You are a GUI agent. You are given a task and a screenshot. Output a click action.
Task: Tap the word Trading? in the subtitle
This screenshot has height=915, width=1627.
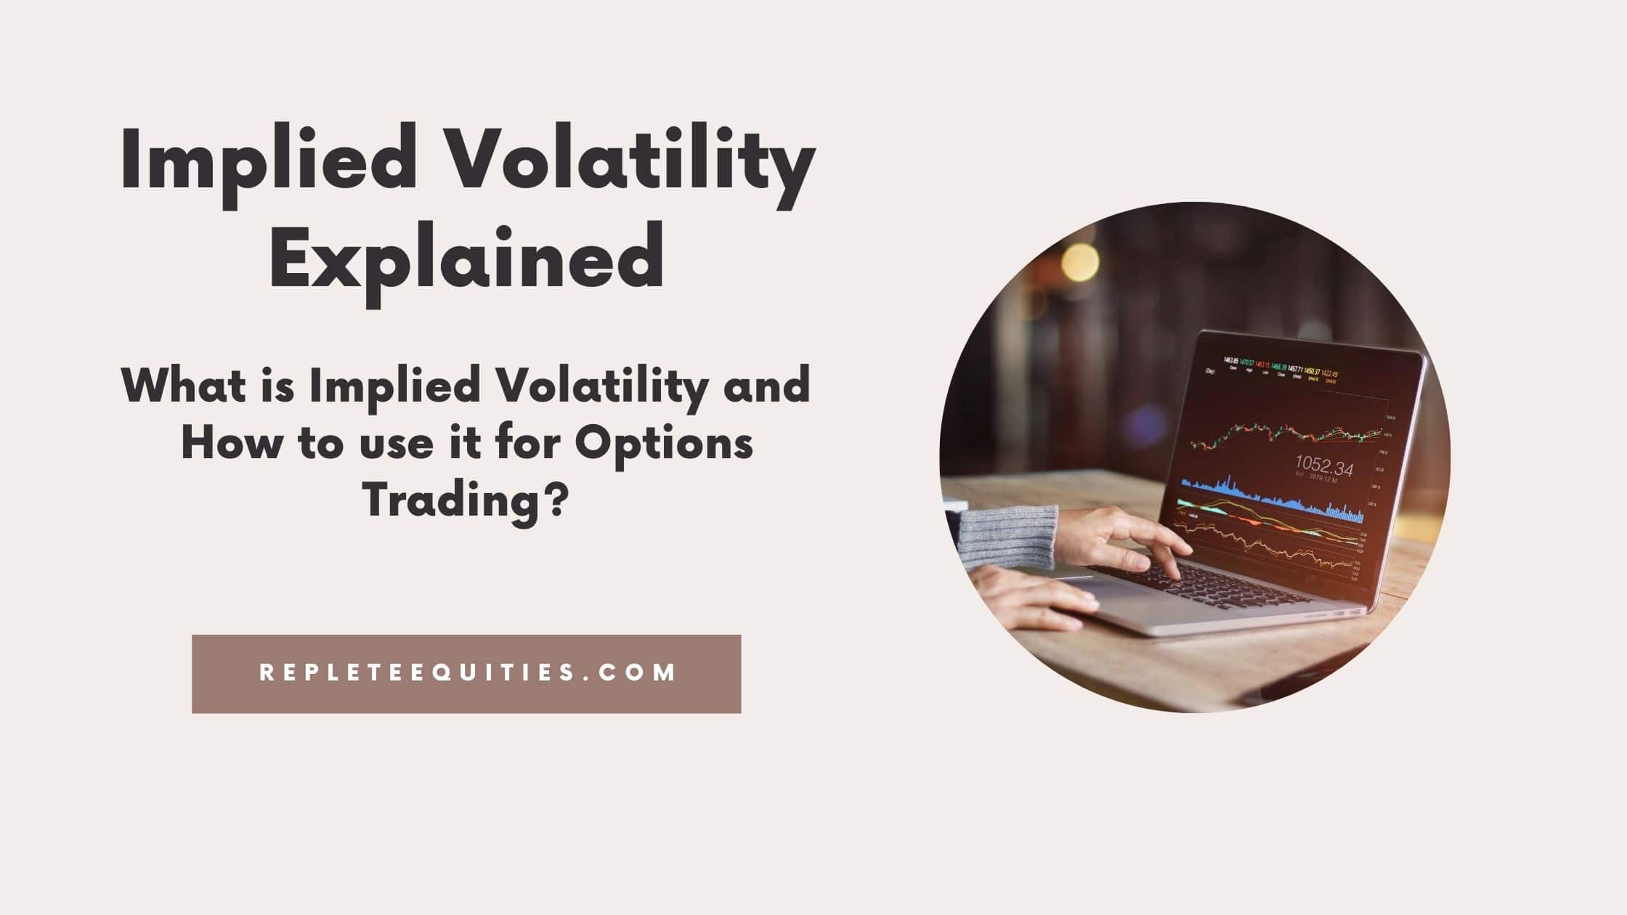[x=465, y=501]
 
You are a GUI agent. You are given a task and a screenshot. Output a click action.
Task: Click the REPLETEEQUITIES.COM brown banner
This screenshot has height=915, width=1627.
[x=466, y=673]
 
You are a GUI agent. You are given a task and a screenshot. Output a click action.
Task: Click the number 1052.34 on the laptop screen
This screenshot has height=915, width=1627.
[x=1324, y=465]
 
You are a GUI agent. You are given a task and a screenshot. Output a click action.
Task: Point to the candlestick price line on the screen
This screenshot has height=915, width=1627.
[x=1286, y=436]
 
